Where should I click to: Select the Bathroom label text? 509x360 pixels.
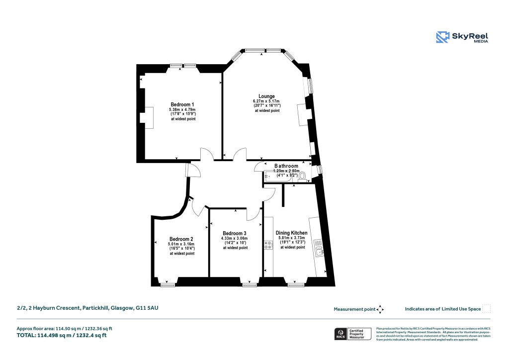[x=286, y=166]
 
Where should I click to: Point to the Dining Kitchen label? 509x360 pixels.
[x=291, y=233]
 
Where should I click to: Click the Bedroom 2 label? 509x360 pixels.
[x=181, y=239]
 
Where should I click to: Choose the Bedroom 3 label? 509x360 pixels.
[x=235, y=233]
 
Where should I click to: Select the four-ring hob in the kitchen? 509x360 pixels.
[x=268, y=245]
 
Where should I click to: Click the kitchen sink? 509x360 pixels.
[x=321, y=252]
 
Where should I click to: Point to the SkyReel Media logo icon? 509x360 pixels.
[x=442, y=37]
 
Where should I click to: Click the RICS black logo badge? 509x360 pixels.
[x=341, y=334]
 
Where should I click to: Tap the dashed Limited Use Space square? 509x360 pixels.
[x=486, y=309]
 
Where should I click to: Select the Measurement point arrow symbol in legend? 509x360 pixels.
[x=380, y=309]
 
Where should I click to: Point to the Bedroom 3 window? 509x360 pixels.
[x=250, y=284]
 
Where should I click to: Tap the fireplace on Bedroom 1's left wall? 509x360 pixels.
[x=148, y=117]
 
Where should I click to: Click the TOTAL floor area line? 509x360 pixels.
[x=62, y=336]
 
